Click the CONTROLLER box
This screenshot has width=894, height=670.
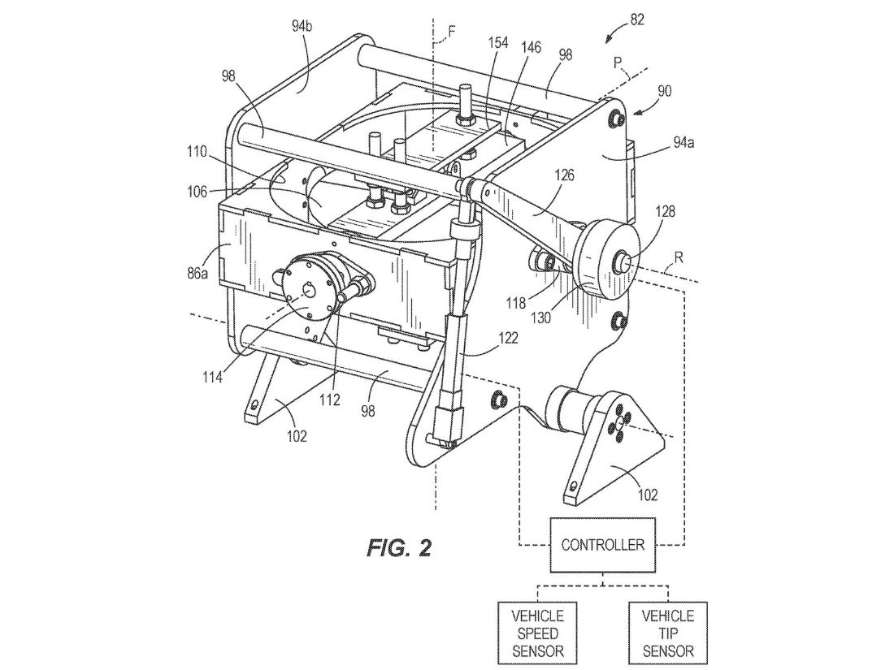[602, 544]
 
